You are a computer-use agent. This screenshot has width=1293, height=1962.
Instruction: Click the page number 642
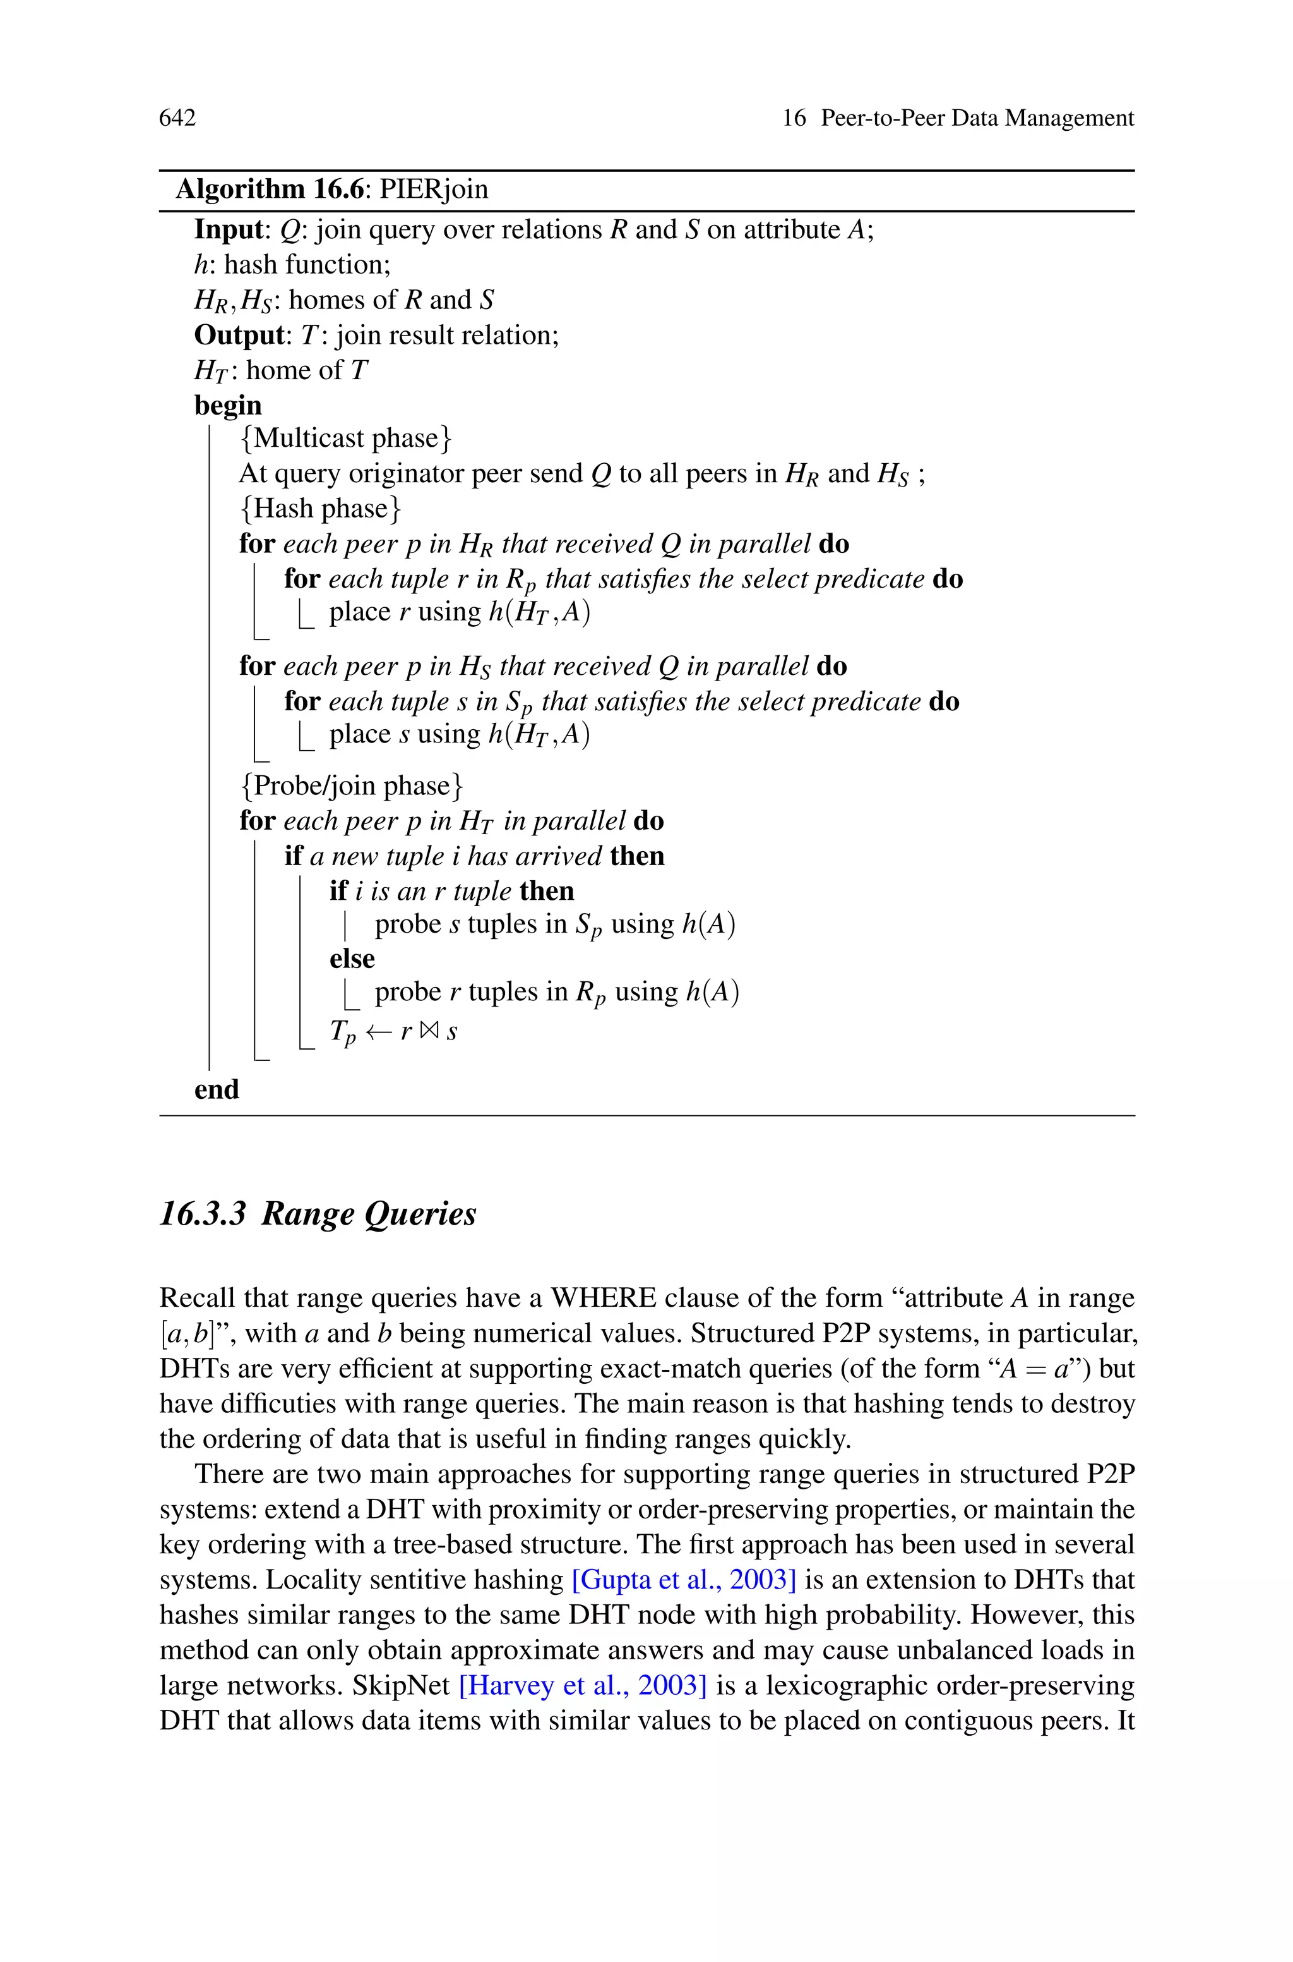177,119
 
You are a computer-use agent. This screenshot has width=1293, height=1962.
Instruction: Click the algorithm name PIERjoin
434,190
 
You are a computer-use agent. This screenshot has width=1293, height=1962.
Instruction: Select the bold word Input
227,229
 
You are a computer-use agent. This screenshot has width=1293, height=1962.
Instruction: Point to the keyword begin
227,405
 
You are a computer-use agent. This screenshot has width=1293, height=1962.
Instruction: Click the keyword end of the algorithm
216,1090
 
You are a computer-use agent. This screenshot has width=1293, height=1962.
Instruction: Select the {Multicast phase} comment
345,438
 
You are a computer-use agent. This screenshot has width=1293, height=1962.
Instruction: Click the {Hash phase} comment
320,508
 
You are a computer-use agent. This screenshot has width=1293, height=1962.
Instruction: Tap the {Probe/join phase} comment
351,785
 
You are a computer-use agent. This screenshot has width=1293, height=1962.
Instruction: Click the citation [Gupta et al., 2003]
684,1580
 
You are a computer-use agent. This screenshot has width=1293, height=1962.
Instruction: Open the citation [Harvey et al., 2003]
582,1686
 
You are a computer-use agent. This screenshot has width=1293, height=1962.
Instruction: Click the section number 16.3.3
203,1214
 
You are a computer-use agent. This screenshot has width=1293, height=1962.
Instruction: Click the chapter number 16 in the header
793,119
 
